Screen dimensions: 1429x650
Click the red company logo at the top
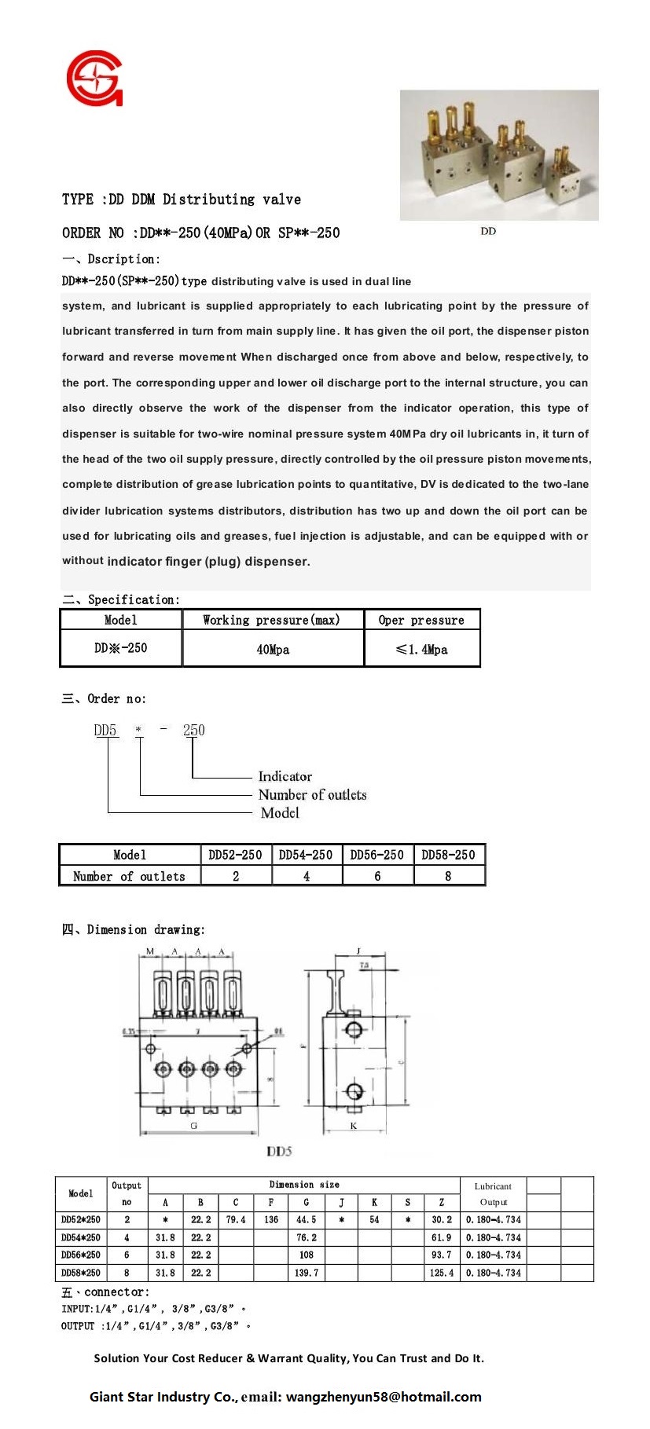(x=94, y=79)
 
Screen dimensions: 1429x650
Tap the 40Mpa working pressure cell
(x=273, y=650)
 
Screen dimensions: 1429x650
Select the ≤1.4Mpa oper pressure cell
(x=422, y=650)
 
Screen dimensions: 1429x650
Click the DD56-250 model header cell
(x=377, y=855)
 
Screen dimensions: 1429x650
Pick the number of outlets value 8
(x=448, y=876)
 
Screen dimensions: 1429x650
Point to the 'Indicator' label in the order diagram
(x=285, y=776)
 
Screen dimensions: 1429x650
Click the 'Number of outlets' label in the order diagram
(x=313, y=794)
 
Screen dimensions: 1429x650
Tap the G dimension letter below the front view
(x=194, y=1126)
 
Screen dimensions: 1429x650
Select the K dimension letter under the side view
(x=354, y=1126)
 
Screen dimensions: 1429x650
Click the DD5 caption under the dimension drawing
(x=279, y=1151)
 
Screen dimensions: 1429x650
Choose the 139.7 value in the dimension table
(x=306, y=1273)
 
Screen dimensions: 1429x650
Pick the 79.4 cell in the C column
(x=236, y=1220)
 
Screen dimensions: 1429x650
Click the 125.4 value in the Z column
(x=442, y=1273)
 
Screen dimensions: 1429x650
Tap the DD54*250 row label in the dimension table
(x=81, y=1237)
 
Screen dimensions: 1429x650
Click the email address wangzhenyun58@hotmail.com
(x=384, y=1397)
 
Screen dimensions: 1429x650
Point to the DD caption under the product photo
(x=488, y=231)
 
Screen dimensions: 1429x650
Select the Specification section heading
(x=121, y=599)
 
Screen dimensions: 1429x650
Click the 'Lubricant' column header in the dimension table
(x=493, y=1186)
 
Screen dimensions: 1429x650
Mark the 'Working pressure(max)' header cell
(x=272, y=620)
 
